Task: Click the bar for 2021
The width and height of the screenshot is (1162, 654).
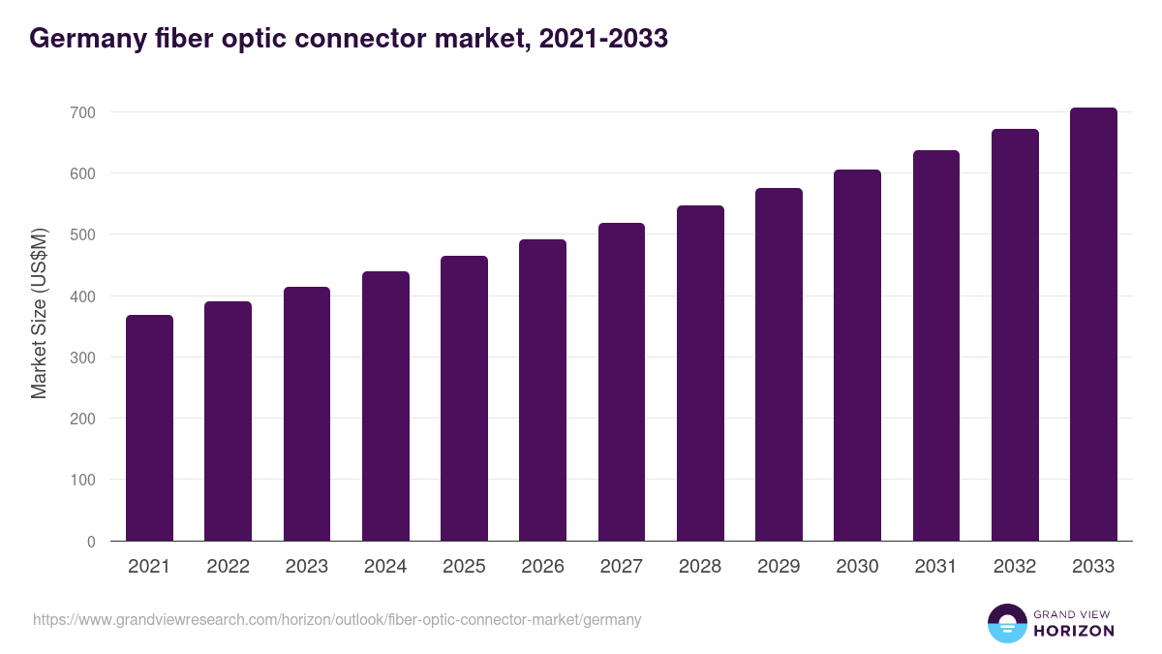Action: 149,428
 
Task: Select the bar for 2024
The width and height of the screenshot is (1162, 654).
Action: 385,406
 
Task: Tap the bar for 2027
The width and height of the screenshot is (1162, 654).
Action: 622,382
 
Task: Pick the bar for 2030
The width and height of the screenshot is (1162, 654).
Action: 857,356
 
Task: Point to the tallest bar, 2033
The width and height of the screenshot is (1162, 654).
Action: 1093,325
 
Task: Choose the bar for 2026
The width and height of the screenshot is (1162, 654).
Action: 542,390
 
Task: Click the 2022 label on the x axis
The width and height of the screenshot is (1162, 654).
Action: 228,567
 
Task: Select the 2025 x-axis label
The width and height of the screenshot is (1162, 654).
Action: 464,567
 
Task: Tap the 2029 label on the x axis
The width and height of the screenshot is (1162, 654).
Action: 779,567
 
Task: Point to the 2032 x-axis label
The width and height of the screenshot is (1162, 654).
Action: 1015,567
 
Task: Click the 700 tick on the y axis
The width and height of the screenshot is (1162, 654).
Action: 83,112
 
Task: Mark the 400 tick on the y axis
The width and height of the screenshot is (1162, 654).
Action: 83,296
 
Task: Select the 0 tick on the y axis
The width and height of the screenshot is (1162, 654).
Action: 91,542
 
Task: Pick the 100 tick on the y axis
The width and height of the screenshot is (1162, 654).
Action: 83,481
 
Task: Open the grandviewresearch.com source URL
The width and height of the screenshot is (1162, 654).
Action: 337,619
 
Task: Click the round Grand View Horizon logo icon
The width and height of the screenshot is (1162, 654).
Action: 1006,623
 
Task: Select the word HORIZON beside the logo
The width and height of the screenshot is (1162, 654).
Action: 1073,631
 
